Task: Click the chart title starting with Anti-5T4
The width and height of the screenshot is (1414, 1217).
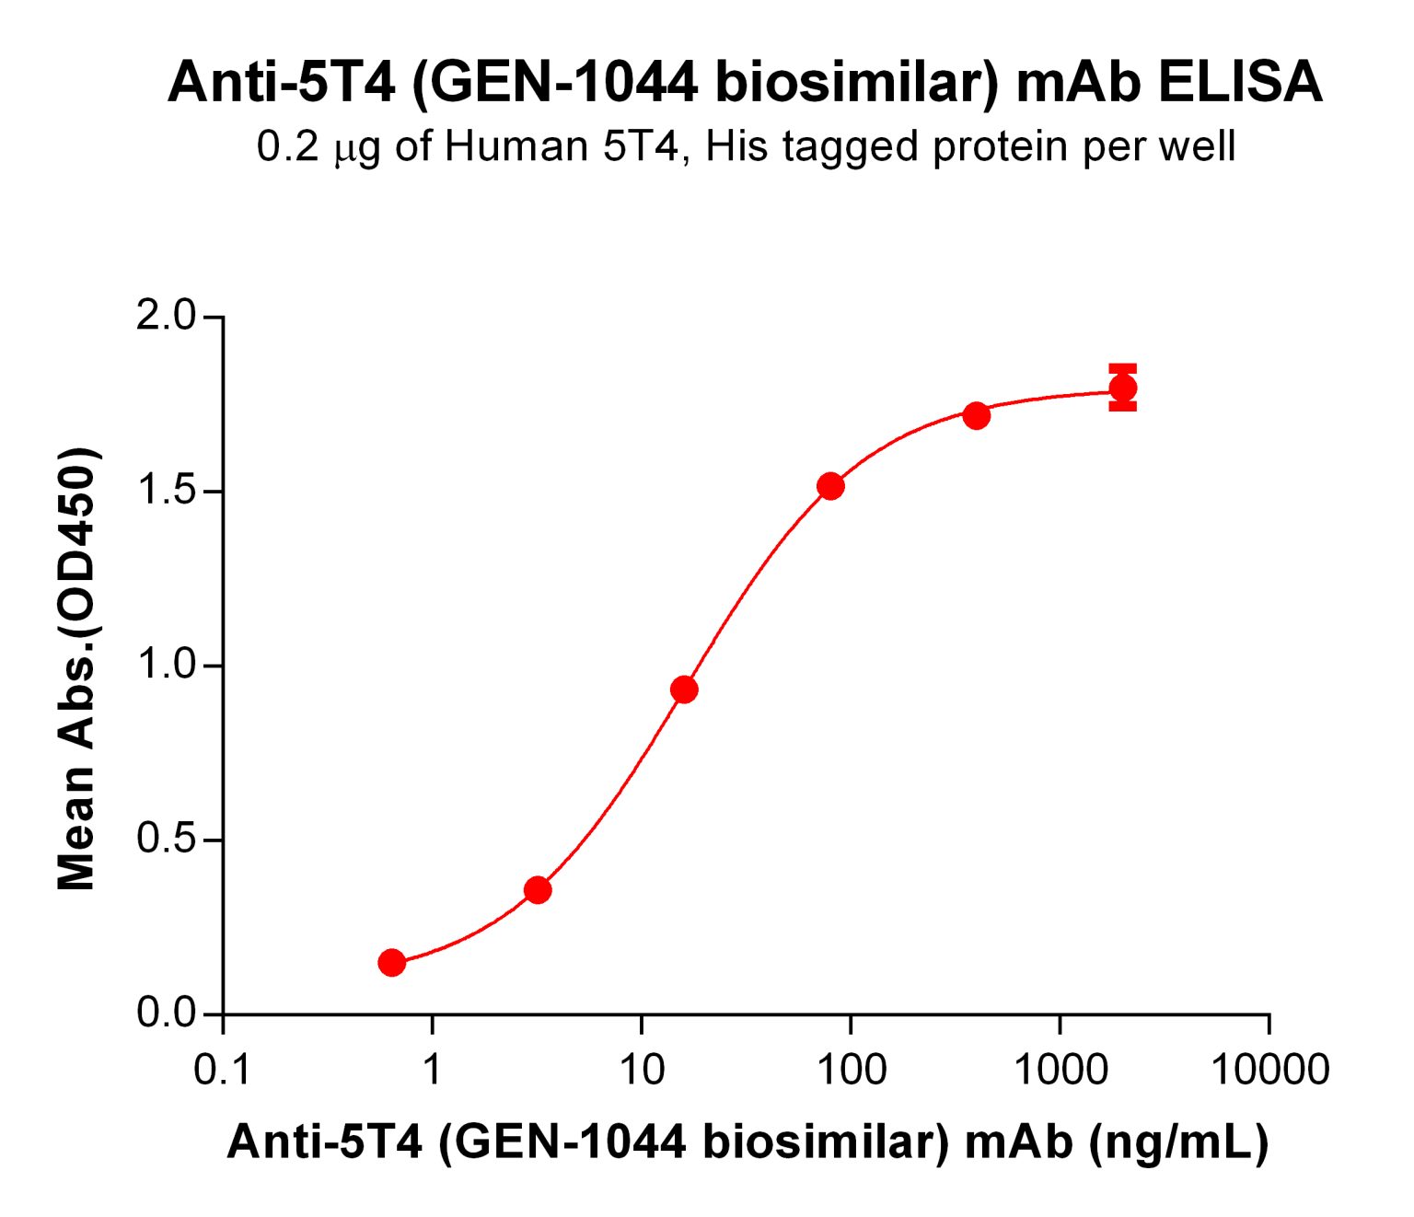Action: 744,83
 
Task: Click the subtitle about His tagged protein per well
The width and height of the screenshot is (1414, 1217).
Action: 746,147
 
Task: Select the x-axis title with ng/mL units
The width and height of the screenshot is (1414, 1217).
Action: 748,1142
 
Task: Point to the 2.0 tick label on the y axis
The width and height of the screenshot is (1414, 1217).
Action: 167,317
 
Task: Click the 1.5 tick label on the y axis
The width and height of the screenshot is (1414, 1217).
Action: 167,492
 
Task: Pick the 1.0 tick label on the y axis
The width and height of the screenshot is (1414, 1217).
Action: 167,666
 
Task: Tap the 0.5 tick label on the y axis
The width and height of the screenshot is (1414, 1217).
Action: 167,840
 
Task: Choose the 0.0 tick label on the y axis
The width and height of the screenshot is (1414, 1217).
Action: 167,1014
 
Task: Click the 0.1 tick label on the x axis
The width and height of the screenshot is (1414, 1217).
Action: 223,1071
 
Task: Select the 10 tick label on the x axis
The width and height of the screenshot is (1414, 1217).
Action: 641,1071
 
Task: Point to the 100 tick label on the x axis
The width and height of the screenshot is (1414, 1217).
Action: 850,1071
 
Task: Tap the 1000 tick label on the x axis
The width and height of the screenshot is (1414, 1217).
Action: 1060,1071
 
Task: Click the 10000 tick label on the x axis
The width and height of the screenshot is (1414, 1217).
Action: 1269,1071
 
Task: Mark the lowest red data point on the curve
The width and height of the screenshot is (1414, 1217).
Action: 391,963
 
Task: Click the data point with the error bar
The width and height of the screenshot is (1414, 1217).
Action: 1122,388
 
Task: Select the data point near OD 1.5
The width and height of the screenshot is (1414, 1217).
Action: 830,486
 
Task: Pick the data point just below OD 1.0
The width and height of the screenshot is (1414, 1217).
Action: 684,690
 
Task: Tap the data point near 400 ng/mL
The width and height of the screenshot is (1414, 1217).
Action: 977,416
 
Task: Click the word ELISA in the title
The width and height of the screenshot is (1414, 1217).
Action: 1240,83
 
